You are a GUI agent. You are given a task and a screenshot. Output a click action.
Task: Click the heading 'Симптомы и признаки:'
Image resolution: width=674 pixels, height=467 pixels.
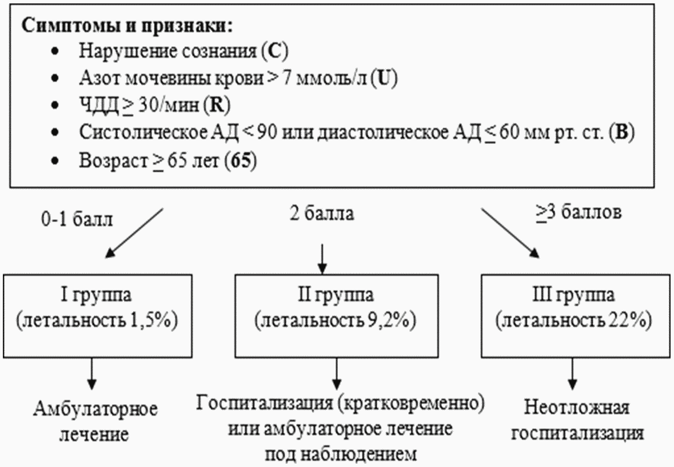127,26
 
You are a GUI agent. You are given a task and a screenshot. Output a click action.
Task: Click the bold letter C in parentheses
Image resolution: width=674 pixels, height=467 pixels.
274,51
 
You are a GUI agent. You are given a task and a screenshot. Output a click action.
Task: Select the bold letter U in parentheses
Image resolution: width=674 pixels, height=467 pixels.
384,79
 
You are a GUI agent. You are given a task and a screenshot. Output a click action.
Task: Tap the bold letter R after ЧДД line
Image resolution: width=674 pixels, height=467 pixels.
217,106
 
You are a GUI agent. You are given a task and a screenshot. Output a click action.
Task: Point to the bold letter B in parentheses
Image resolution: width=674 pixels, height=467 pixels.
621,132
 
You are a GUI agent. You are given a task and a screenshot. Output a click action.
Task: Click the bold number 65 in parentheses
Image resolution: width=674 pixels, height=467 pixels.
241,161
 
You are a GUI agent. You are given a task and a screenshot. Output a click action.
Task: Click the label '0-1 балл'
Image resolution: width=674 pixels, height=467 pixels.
77,219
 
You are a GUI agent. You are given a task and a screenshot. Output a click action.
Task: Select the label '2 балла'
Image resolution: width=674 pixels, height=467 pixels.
321,214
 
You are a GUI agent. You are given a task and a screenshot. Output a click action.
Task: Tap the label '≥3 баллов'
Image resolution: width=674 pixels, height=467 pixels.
579,212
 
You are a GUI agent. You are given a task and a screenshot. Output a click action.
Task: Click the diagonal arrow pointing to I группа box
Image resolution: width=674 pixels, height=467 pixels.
134,233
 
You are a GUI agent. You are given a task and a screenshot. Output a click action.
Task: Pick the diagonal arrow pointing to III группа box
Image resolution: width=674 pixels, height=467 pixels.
511,233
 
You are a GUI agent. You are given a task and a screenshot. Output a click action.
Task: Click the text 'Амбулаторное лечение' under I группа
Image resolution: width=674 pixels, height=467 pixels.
95,421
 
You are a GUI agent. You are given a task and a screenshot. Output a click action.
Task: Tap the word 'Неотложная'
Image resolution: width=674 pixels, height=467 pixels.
576,407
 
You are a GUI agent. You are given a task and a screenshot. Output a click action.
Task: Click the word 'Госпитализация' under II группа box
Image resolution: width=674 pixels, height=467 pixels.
265,403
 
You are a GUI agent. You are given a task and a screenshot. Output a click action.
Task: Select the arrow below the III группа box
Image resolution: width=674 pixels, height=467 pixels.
572,374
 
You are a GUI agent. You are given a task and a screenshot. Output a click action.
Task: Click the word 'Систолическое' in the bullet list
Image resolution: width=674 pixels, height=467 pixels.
143,132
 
